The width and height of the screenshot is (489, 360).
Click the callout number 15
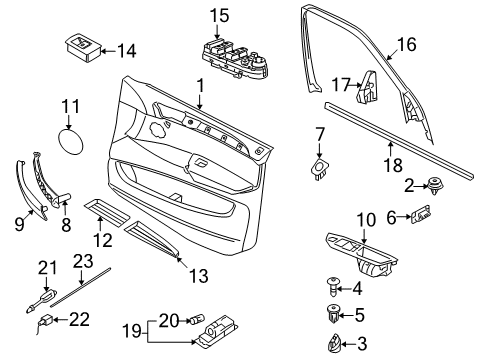219,16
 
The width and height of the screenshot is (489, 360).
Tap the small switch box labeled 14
83,47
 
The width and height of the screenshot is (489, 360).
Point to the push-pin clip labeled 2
435,185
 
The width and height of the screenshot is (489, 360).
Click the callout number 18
393,165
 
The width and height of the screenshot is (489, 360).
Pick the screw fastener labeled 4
332,287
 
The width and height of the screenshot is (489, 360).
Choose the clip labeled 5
333,314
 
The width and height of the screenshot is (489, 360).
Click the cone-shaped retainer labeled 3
334,343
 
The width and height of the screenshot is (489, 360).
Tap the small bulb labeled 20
196,320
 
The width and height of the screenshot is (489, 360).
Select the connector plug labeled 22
46,321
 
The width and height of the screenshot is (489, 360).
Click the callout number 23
83,261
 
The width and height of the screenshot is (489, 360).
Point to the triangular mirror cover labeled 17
367,87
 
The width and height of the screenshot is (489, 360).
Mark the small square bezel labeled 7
320,168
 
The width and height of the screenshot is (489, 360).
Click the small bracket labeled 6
421,214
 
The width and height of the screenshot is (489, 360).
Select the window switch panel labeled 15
235,59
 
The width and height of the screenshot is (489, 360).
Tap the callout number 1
200,86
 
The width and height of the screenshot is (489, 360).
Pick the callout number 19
132,331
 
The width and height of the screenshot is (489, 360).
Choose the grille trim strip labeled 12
107,213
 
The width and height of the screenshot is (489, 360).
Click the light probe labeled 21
42,299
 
